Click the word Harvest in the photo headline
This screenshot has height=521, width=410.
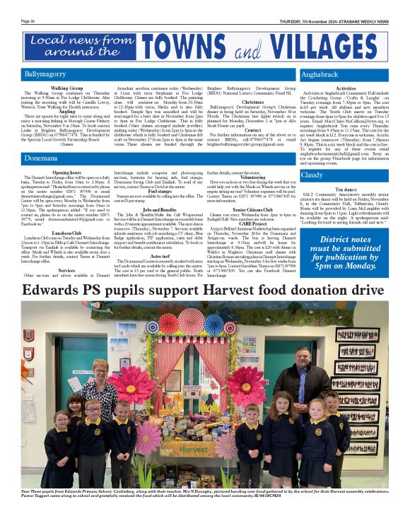251,291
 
